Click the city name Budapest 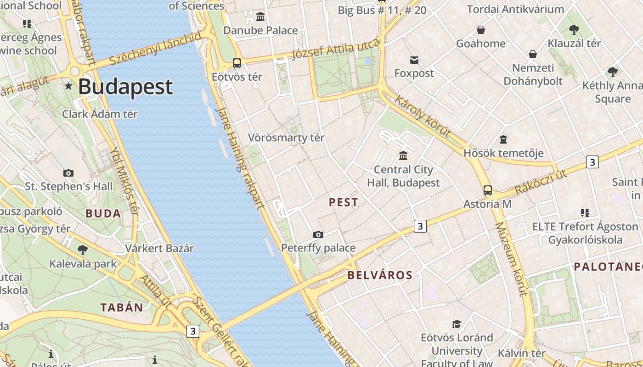pyautogui.click(x=125, y=87)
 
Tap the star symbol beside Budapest pyautogui.click(x=69, y=86)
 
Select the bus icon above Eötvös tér pyautogui.click(x=237, y=63)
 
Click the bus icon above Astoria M pyautogui.click(x=488, y=190)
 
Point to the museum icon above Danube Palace pyautogui.click(x=261, y=17)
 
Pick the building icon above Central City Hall pyautogui.click(x=403, y=156)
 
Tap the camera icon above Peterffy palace pyautogui.click(x=318, y=234)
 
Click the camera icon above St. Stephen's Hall pyautogui.click(x=68, y=173)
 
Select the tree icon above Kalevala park pyautogui.click(x=83, y=250)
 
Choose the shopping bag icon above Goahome pyautogui.click(x=480, y=30)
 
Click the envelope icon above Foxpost pyautogui.click(x=414, y=60)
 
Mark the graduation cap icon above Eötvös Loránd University pyautogui.click(x=456, y=324)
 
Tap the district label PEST pyautogui.click(x=344, y=202)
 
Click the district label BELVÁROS pyautogui.click(x=380, y=275)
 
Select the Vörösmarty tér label pyautogui.click(x=286, y=138)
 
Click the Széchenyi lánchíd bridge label pyautogui.click(x=155, y=48)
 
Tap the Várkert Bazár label pyautogui.click(x=159, y=249)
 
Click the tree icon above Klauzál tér pyautogui.click(x=574, y=30)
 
